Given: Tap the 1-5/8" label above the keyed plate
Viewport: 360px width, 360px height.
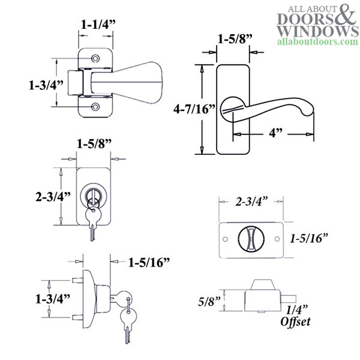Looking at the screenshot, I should coord(94,144).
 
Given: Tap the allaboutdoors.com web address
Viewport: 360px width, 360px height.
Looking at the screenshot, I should coord(311,43).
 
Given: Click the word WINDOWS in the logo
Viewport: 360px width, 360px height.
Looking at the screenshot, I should coord(309,31).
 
